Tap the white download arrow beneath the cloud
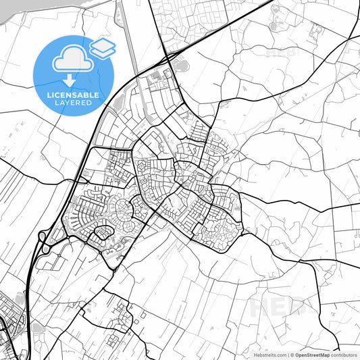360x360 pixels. tap(70, 80)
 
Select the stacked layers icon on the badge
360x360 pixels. tap(103, 47)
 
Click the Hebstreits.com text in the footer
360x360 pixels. tap(270, 355)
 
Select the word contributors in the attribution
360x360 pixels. tap(344, 355)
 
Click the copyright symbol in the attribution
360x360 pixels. tap(292, 355)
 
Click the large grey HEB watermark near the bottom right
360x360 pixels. tap(277, 307)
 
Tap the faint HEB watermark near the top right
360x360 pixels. tap(279, 51)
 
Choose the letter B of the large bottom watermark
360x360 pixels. tap(296, 307)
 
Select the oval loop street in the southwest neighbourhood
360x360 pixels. tap(101, 233)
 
